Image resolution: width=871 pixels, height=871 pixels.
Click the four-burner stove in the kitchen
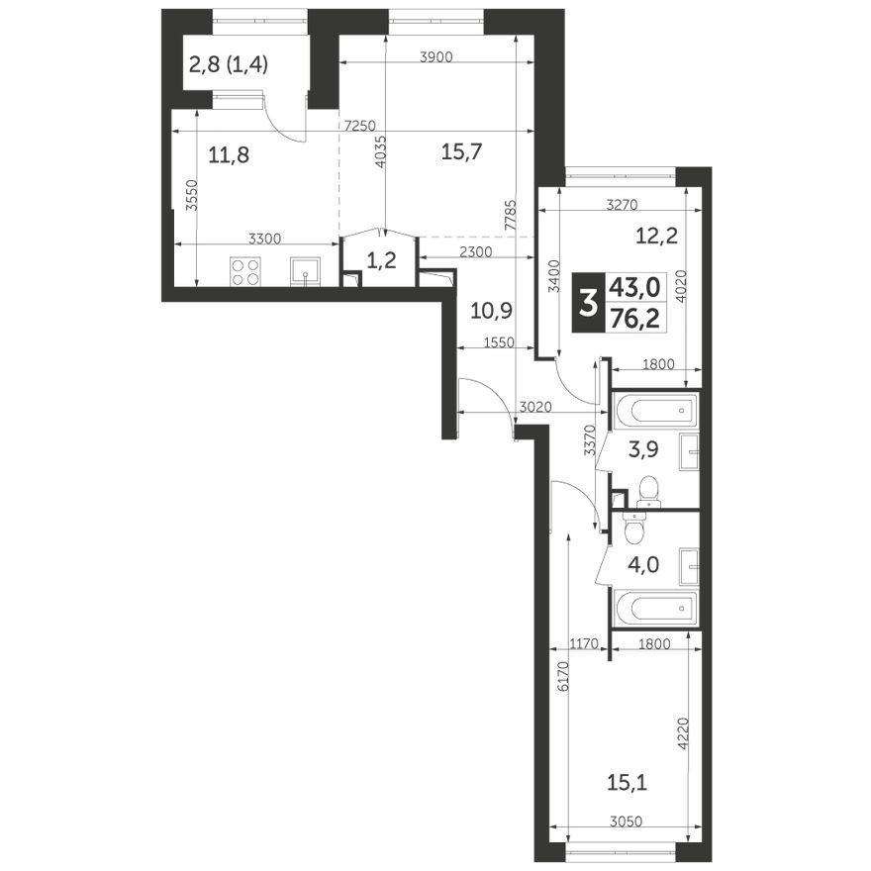(x=244, y=270)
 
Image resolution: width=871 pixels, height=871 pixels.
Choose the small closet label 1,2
(x=380, y=262)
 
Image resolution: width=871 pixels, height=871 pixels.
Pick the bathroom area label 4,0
(x=649, y=568)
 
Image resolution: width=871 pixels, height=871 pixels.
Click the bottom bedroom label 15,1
(x=628, y=785)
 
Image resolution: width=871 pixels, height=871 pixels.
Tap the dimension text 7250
(x=359, y=126)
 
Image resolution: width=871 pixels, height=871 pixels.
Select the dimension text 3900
(x=435, y=57)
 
